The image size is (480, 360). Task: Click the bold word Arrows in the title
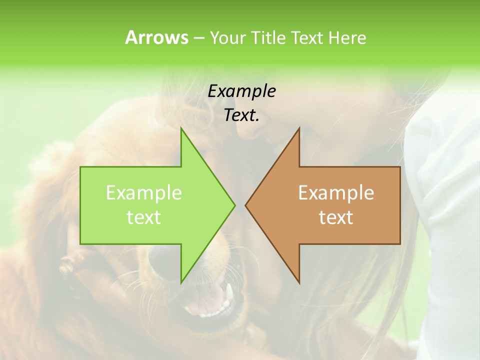coord(156,37)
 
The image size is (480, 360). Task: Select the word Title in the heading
coord(268,37)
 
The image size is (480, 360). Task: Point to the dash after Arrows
coord(198,38)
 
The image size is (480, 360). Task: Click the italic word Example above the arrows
coord(241,91)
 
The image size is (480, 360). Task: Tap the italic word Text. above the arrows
coord(241,115)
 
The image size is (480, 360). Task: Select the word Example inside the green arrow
coord(144,192)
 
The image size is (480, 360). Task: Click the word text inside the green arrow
coord(144,217)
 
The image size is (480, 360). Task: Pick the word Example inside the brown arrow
coord(336,192)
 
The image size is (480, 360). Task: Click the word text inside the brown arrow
coord(336,217)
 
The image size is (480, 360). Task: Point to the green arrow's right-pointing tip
coord(234,205)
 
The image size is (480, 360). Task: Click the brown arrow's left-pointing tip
coord(245,205)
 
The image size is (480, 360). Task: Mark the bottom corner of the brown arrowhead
coord(299,283)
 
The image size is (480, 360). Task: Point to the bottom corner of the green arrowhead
coord(181,283)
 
